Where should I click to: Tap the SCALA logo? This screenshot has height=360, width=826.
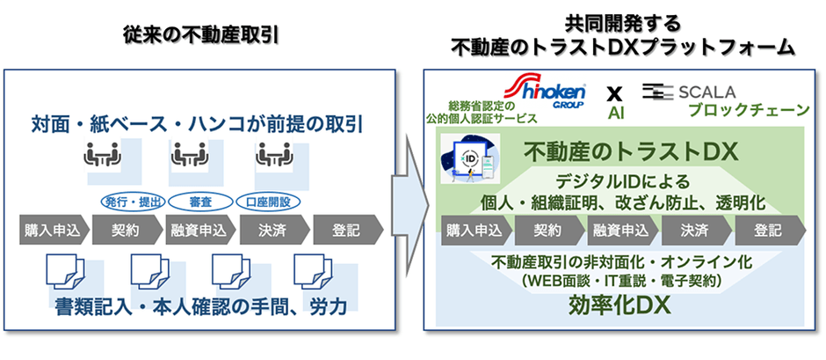[x=690, y=91]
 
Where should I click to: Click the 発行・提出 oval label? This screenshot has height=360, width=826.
[x=130, y=202]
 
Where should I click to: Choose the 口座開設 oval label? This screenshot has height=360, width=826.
[x=269, y=202]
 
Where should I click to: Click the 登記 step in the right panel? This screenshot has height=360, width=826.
[x=767, y=231]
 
